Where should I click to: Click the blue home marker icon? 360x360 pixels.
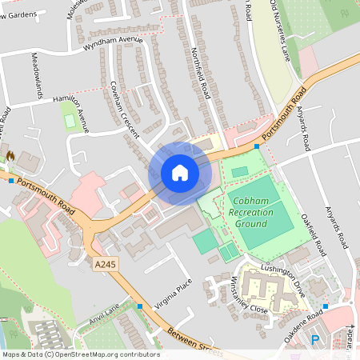(180, 173)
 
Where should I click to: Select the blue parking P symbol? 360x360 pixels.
(314, 340)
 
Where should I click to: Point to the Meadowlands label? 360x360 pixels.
(37, 77)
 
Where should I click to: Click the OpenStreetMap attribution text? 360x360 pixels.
(81, 354)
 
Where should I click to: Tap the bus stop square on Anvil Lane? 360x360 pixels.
(140, 306)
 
